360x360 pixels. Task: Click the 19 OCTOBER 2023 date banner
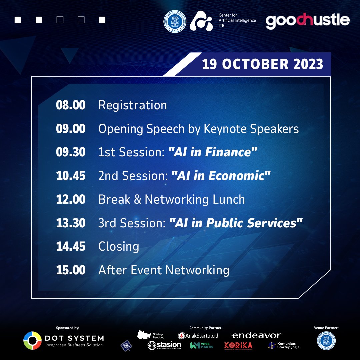coord(262,64)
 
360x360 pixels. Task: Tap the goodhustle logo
coord(307,21)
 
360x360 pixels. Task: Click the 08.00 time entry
coord(71,105)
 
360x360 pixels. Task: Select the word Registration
coord(133,105)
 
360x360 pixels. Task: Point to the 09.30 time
coord(71,152)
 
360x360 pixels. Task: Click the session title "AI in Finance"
coord(213,152)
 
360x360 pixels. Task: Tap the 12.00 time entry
coord(71,200)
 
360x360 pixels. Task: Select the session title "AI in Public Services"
coord(236,223)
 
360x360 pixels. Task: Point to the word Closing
coord(119,247)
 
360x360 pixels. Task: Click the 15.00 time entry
coord(71,270)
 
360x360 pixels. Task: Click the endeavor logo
coord(256,335)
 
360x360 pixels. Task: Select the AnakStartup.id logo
coord(198,335)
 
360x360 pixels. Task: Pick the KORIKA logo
coord(238,345)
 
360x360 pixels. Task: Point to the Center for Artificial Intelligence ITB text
coord(237,20)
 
